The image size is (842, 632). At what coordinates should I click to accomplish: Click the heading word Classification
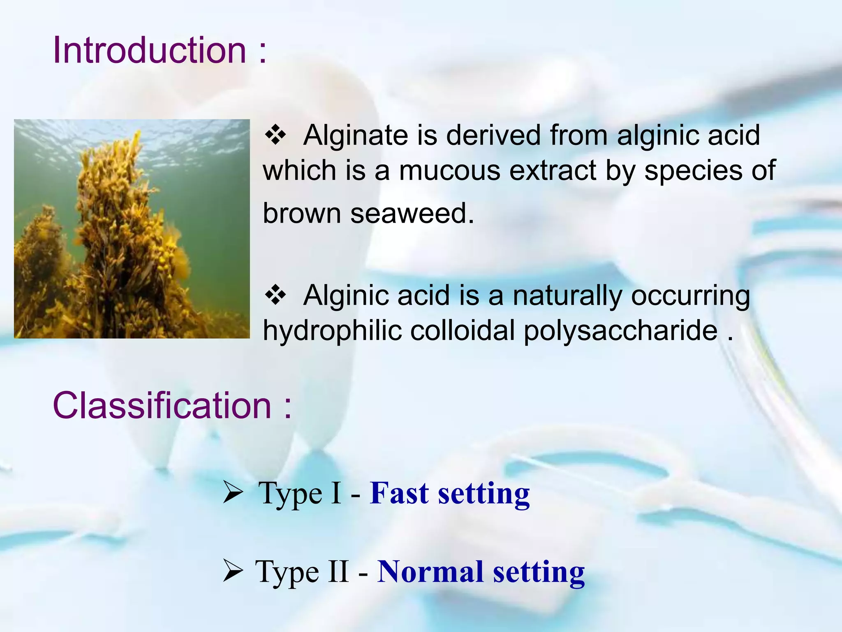point(162,406)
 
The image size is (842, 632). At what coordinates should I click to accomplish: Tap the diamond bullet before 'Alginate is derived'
point(275,135)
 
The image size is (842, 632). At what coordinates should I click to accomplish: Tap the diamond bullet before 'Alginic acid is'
point(275,295)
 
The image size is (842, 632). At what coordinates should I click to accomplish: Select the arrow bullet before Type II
point(233,572)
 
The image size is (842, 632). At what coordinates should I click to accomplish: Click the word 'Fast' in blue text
point(399,493)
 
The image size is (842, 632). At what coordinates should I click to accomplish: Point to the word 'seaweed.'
point(412,214)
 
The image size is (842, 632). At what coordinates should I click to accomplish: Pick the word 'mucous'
point(449,170)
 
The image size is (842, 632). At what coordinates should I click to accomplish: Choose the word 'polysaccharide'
point(620,332)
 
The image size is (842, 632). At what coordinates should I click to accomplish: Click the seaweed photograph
point(132,229)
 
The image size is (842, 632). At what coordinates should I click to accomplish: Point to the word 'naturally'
point(567,296)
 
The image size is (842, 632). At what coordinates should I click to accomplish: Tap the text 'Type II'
point(302,572)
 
